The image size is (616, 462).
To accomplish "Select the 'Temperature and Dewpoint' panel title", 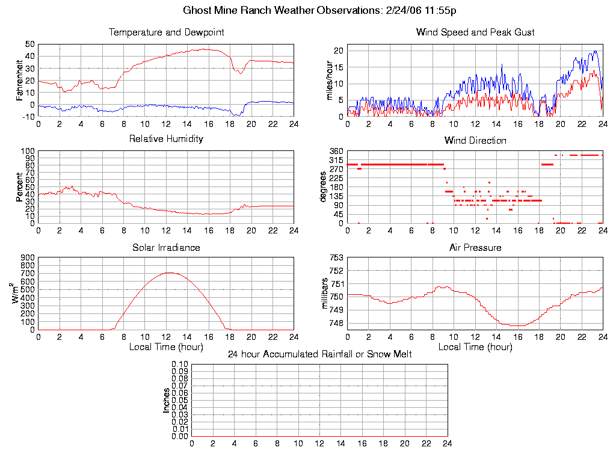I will pos(166,32).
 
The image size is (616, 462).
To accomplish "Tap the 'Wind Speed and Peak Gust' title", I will pos(475,32).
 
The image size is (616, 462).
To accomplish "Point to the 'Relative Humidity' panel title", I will pos(166,139).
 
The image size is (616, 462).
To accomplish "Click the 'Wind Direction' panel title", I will pos(475,141).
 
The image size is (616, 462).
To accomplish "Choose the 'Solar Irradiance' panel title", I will pos(166,248).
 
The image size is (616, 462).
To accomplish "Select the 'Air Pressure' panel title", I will pos(475,248).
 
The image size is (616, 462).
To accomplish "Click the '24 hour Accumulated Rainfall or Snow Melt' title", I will pos(319,354).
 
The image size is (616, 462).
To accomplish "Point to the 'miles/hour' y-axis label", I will pos(330,80).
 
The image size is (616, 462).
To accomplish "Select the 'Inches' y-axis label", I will pos(167,400).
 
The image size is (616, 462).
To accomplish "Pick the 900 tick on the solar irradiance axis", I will pos(28,258).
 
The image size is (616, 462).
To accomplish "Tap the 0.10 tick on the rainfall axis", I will pos(180,365).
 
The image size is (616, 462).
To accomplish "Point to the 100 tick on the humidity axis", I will pos(28,151).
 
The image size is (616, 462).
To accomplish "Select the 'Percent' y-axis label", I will pos(20,187).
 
